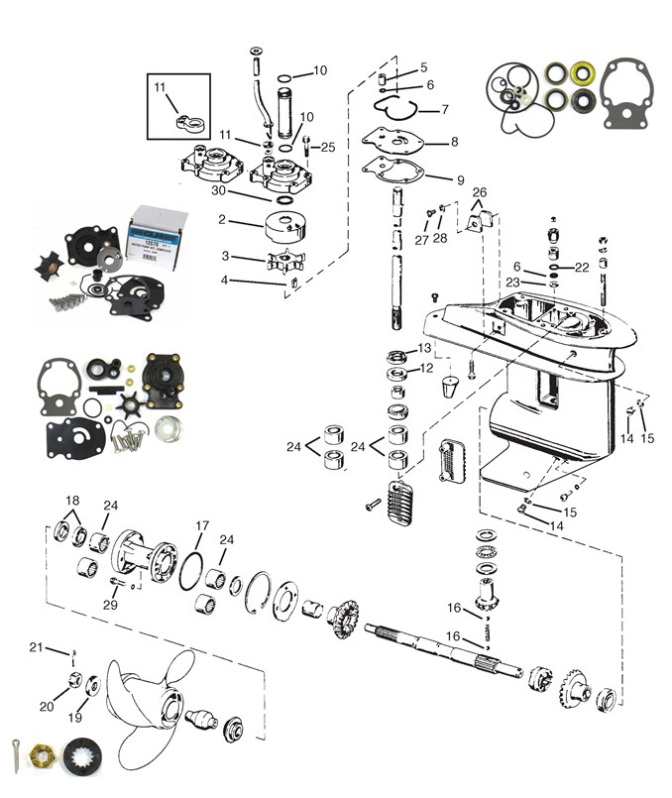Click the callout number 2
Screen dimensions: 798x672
click(x=221, y=219)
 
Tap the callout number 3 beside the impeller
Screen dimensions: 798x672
click(x=226, y=256)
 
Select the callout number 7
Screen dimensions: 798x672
click(x=445, y=109)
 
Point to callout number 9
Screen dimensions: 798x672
click(x=460, y=180)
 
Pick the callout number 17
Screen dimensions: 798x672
click(x=202, y=525)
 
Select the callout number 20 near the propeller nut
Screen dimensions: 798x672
click(x=46, y=706)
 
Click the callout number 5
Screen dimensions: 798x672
click(x=423, y=67)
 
